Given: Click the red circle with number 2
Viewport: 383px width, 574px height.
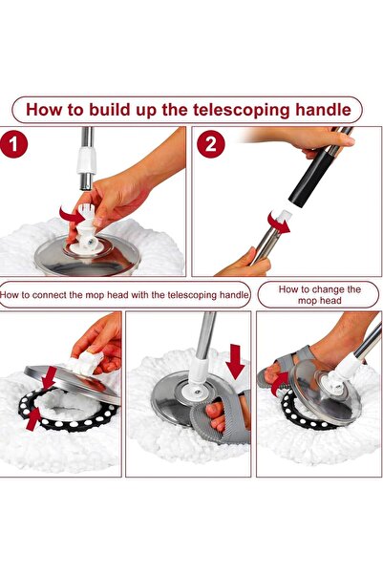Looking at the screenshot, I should pyautogui.click(x=211, y=146).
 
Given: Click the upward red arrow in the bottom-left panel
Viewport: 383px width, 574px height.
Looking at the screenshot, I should pyautogui.click(x=36, y=416).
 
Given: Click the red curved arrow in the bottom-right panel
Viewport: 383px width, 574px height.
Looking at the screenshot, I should pyautogui.click(x=280, y=387).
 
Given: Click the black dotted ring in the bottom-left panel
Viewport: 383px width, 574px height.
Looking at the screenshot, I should pyautogui.click(x=72, y=420).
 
